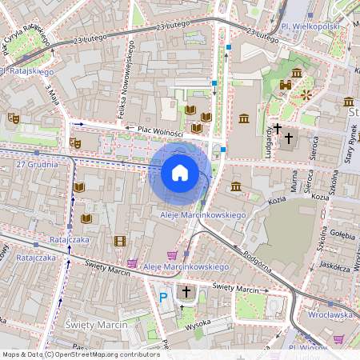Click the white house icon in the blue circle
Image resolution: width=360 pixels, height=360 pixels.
(180, 173)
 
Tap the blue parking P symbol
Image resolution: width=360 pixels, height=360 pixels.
(163, 297)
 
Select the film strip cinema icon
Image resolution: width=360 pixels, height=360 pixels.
(120, 241)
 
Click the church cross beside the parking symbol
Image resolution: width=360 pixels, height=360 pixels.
(186, 293)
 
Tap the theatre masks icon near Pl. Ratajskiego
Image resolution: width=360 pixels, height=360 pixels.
(13, 118)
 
